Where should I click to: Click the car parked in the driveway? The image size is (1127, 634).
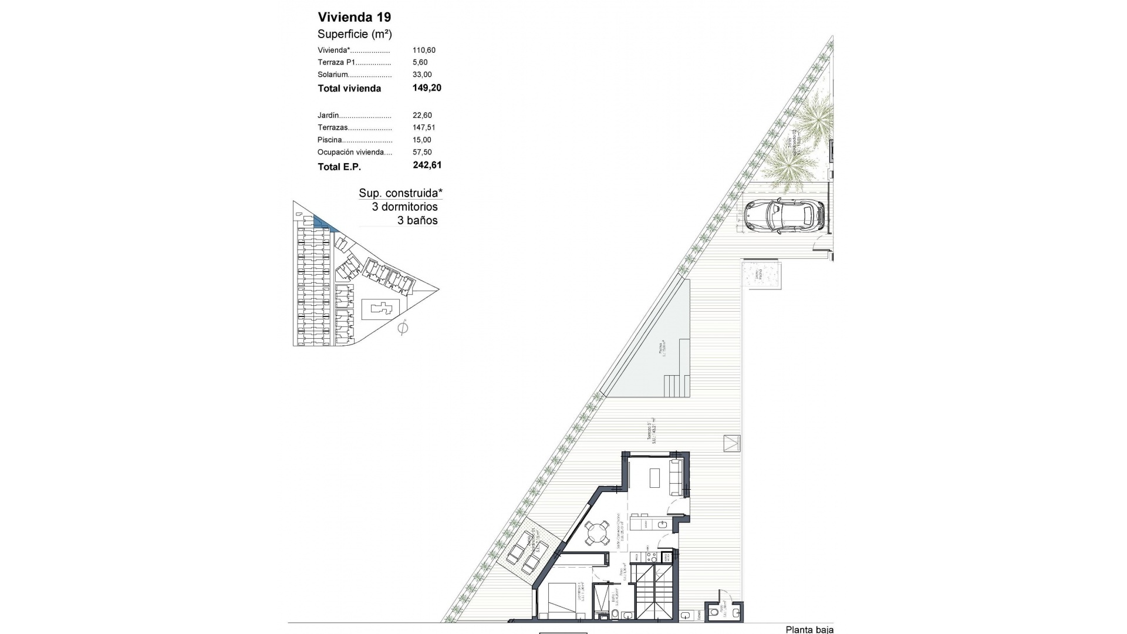point(784,217)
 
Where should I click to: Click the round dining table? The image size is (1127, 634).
point(596,533)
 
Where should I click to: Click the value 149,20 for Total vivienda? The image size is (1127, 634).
point(427,88)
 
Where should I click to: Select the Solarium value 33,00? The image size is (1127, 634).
point(422,75)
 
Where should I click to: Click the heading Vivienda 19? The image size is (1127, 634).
point(354,17)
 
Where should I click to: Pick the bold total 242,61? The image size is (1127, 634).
point(427,166)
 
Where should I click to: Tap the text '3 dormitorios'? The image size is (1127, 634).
point(404,207)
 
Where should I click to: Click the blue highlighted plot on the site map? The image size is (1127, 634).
point(322,223)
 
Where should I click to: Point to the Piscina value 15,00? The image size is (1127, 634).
point(422,140)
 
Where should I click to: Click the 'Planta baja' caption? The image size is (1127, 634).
point(809,629)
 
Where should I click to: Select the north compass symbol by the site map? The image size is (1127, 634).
point(403,328)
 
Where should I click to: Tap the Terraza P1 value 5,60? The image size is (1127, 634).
point(420,62)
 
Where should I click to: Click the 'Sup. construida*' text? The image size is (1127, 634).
point(400,193)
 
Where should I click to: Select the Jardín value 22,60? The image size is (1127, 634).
point(422,115)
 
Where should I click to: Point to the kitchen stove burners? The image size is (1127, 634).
point(650,555)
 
